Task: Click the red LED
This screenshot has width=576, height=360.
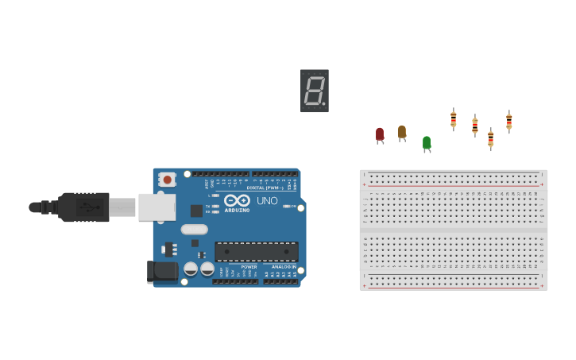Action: point(380,134)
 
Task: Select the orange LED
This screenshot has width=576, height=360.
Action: point(402,131)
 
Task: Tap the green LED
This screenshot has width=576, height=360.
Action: point(427,142)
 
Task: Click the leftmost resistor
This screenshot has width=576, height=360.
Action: point(454,119)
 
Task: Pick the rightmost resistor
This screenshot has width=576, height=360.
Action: point(509,121)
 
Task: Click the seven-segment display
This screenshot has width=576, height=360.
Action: point(315,91)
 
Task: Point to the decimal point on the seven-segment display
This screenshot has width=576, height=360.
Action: point(324,104)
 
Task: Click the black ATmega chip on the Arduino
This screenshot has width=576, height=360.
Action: point(257,252)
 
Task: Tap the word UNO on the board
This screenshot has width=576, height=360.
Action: point(268,201)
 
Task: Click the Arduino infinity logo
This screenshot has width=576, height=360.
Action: point(237,200)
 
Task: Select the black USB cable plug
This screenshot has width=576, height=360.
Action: point(83,207)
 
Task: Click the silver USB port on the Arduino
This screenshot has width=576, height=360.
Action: point(157,207)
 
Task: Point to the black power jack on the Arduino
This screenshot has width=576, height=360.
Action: point(163,271)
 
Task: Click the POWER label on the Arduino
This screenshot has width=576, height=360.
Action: point(249,267)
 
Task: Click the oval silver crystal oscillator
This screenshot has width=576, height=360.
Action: point(195,230)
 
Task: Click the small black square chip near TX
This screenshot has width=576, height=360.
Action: point(196,211)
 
